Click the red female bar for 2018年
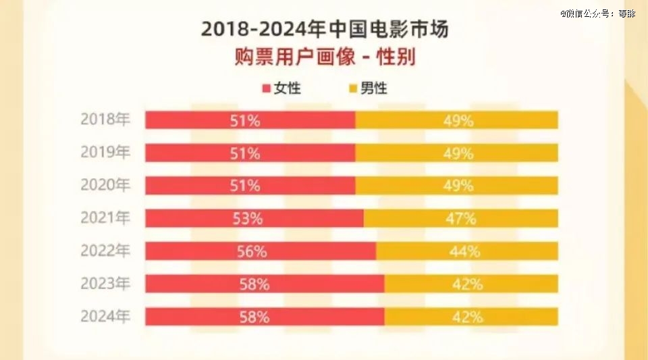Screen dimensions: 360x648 click(x=250, y=120)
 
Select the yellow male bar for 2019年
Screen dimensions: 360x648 click(x=456, y=153)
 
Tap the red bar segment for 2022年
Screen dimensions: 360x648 click(x=261, y=251)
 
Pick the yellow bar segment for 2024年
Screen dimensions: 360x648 click(x=471, y=316)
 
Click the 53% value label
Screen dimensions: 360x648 click(x=245, y=218)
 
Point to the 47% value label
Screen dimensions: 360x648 click(x=461, y=218)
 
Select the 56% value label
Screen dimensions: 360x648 click(x=252, y=251)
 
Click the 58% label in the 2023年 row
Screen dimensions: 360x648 click(x=254, y=284)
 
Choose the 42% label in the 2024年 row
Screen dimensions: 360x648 click(x=467, y=316)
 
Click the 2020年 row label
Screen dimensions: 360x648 click(x=105, y=185)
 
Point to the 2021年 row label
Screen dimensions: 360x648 click(x=105, y=218)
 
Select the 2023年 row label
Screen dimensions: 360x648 click(x=105, y=284)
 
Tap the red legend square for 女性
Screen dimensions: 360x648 click(x=265, y=88)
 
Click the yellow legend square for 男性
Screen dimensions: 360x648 click(x=352, y=88)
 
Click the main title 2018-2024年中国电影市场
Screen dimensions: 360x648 click(x=325, y=30)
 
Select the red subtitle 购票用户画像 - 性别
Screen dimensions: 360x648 click(x=325, y=57)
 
